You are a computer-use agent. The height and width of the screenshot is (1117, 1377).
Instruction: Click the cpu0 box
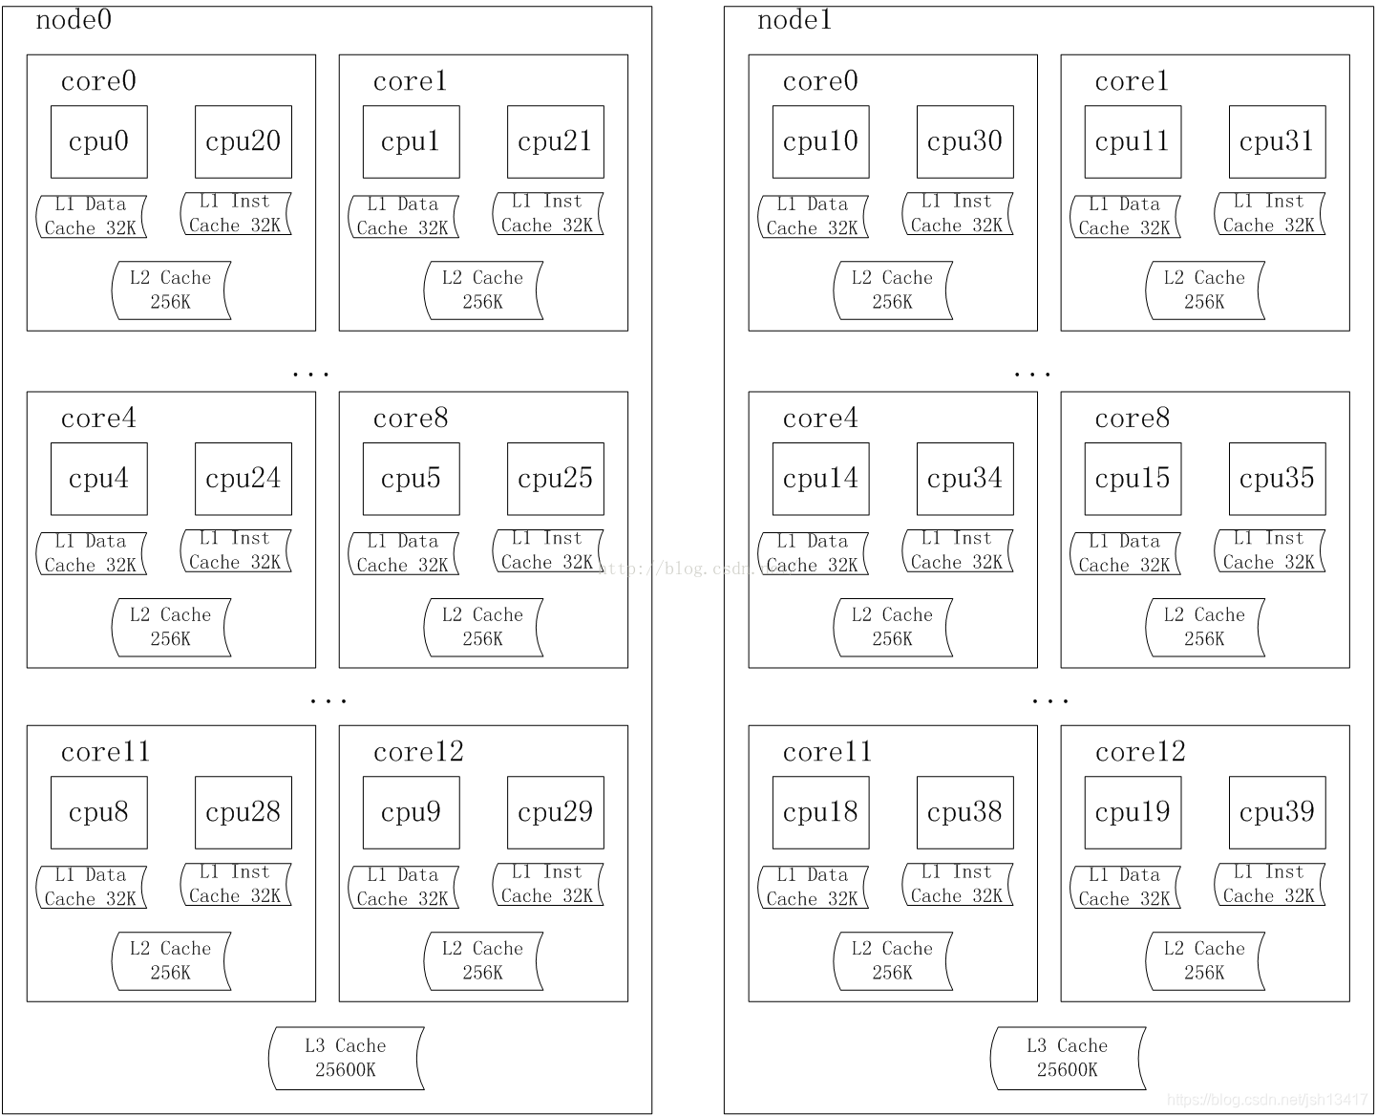click(x=99, y=141)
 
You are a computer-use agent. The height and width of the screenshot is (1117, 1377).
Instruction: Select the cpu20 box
click(x=244, y=141)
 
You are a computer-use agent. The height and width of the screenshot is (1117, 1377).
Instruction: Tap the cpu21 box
click(x=556, y=141)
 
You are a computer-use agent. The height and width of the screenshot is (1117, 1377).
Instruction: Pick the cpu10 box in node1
click(x=820, y=141)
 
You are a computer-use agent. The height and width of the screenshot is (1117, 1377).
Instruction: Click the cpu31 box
click(x=1277, y=141)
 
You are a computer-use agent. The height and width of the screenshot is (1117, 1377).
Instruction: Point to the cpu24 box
click(x=244, y=479)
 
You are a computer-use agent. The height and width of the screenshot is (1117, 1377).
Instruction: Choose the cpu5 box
click(x=412, y=479)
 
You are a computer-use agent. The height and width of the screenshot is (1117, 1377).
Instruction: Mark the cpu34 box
click(x=964, y=479)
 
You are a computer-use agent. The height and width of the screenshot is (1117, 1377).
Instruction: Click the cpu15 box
click(x=1133, y=479)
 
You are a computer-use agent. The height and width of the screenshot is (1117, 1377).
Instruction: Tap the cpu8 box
click(x=99, y=812)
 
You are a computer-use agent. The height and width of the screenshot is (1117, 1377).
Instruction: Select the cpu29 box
click(x=556, y=812)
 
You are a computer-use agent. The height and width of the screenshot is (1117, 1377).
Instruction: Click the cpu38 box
click(x=964, y=812)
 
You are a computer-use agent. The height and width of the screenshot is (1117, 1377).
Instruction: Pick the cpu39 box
click(x=1277, y=812)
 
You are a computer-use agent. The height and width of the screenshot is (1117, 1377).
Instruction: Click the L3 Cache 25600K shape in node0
click(x=346, y=1058)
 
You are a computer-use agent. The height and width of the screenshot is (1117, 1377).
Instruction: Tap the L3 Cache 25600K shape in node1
click(x=1068, y=1058)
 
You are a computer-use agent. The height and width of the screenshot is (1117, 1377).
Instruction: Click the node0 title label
click(x=74, y=20)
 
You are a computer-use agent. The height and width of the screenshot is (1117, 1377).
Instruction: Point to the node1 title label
click(x=794, y=20)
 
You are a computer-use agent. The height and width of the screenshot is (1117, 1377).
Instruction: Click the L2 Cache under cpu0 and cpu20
click(x=171, y=290)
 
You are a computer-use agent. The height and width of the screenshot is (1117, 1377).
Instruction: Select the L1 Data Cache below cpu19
click(x=1125, y=888)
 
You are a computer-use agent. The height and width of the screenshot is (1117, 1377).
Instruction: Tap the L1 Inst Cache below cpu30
click(x=958, y=213)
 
